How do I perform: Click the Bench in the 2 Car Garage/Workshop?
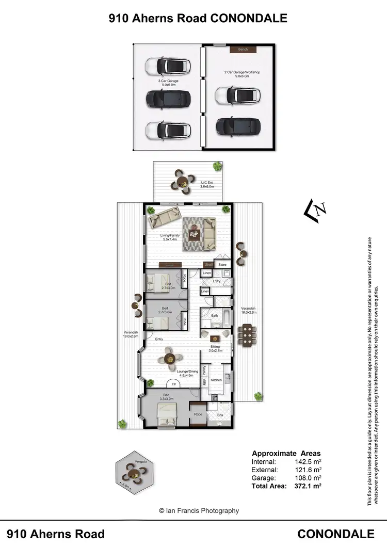pyautogui.click(x=243, y=50)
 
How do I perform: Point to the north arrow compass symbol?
pyautogui.click(x=316, y=210)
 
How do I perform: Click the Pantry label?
pyautogui.click(x=204, y=370)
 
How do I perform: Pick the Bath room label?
pyautogui.click(x=214, y=315)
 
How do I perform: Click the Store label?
pyautogui.click(x=222, y=265)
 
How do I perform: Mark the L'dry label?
pyautogui.click(x=217, y=281)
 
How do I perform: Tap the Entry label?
pyautogui.click(x=159, y=339)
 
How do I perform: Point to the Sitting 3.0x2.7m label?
pyautogui.click(x=215, y=349)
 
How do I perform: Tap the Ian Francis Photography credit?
pyautogui.click(x=199, y=510)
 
